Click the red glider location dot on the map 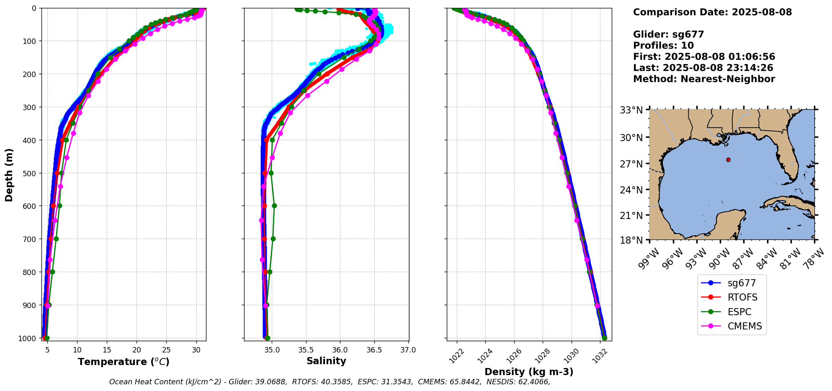728,159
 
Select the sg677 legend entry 741,283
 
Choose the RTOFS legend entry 742,297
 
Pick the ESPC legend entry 739,312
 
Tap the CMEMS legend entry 744,326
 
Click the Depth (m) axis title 9,175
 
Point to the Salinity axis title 326,361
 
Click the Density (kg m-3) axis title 529,372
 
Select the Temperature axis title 124,362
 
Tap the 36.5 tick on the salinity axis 374,350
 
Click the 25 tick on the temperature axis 166,350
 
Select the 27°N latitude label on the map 631,164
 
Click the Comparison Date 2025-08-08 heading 712,12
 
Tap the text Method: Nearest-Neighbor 704,79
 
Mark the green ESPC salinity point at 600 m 274,206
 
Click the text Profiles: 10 663,46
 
